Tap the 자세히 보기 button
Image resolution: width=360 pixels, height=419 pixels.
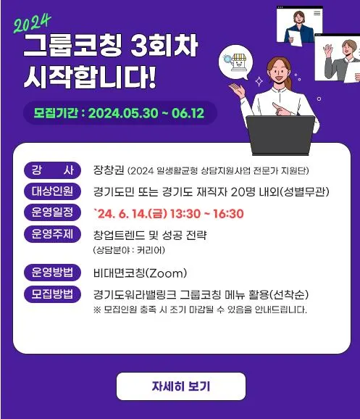[x=180, y=386]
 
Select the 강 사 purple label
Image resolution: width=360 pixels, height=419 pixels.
[x=52, y=171]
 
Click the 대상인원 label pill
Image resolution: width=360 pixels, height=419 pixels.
[x=52, y=192]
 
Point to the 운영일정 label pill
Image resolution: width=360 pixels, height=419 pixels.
[x=52, y=213]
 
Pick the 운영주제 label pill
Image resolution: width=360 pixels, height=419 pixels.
[x=52, y=234]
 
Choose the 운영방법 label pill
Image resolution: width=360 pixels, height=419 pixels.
[x=52, y=273]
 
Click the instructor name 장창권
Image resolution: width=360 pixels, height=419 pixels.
[x=108, y=172]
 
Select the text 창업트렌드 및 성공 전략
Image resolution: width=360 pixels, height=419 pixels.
[x=150, y=235]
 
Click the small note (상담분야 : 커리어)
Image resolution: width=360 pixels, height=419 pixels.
[x=128, y=250]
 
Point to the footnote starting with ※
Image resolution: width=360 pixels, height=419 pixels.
[x=200, y=310]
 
